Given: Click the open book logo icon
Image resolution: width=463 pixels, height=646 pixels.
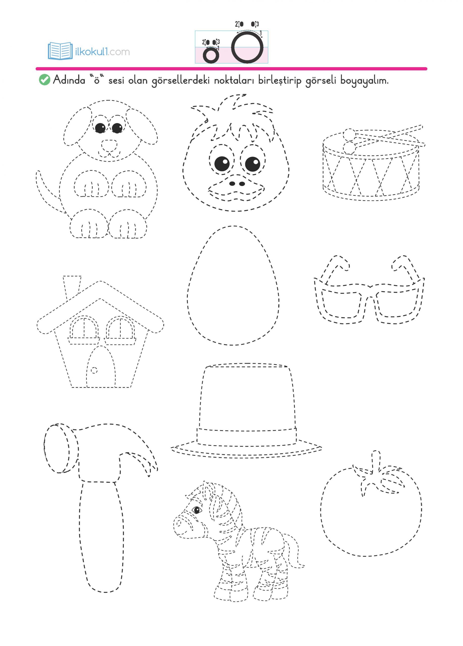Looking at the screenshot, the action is [x=60, y=51].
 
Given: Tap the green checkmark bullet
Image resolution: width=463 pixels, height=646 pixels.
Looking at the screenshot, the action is [x=44, y=80].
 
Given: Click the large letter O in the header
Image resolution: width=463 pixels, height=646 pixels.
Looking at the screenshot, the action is [x=247, y=47].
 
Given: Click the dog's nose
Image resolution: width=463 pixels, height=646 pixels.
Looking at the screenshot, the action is [x=109, y=145].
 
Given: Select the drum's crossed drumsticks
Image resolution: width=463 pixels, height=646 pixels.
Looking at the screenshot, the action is [x=385, y=137].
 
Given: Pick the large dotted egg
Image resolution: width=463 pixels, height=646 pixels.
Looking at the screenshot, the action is [x=233, y=285].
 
